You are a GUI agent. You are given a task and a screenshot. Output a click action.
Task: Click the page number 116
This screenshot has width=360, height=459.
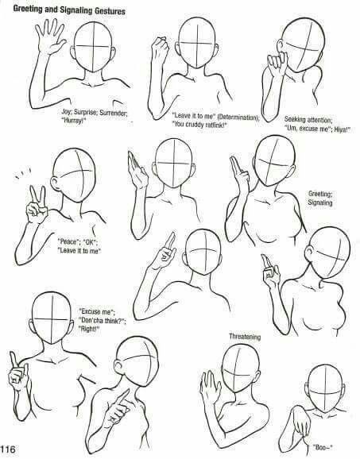pyautogui.click(x=8, y=449)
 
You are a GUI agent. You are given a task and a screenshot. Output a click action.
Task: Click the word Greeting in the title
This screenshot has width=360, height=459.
pyautogui.click(x=28, y=10)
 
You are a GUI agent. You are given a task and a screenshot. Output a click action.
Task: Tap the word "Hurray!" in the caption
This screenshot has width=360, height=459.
pyautogui.click(x=75, y=120)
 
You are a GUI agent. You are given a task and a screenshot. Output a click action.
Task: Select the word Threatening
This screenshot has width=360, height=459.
pyautogui.click(x=245, y=337)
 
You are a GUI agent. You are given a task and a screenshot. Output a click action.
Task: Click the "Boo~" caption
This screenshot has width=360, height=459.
pyautogui.click(x=323, y=447)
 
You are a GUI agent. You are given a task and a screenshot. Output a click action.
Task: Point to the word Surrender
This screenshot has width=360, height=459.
pyautogui.click(x=114, y=112)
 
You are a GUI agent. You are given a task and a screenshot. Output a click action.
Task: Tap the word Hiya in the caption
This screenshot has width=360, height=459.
pyautogui.click(x=342, y=129)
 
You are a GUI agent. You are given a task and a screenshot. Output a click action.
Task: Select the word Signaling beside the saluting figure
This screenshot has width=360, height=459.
pyautogui.click(x=320, y=202)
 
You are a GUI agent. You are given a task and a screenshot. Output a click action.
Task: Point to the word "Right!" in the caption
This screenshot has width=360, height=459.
pyautogui.click(x=89, y=329)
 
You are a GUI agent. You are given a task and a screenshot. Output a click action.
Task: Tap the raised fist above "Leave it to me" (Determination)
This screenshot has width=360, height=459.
pyautogui.click(x=160, y=48)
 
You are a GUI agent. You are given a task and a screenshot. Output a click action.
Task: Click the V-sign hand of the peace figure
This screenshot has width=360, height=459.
pyautogui.click(x=37, y=204)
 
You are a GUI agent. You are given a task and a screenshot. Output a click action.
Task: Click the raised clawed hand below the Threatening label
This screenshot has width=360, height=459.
pyautogui.click(x=210, y=386)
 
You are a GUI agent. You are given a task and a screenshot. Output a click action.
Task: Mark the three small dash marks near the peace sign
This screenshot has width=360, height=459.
pyautogui.click(x=22, y=173)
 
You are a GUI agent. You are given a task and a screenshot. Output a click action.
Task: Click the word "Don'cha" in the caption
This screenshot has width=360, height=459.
pyautogui.click(x=91, y=320)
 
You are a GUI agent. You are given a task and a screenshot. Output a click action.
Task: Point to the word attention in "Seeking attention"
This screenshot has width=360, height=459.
pyautogui.click(x=317, y=119)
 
